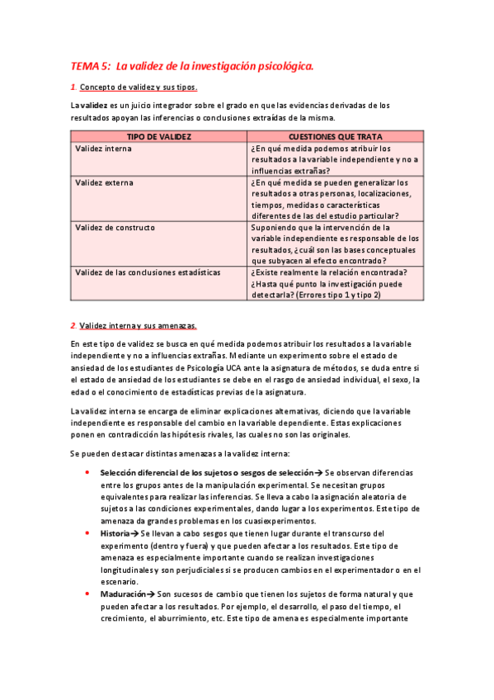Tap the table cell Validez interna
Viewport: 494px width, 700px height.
tap(103, 149)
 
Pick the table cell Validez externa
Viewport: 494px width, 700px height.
tap(104, 182)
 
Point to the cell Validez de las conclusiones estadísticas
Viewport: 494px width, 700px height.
tap(148, 272)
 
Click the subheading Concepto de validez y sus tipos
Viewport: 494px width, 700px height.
tap(139, 87)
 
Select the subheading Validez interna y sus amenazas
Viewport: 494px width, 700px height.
tap(138, 324)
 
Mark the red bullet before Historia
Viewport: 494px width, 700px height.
tap(87, 534)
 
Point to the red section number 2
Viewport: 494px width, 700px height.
tap(73, 324)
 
